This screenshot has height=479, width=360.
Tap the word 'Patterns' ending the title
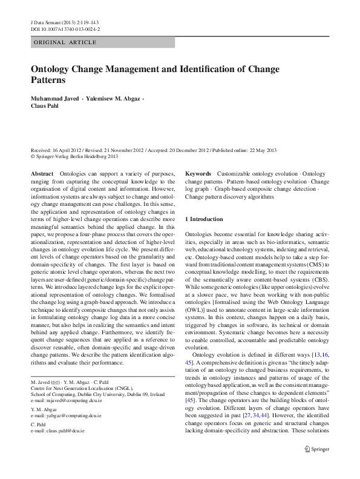48,79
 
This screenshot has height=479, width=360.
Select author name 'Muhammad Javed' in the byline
53,98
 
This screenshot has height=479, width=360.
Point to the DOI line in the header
65,28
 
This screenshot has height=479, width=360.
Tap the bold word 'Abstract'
42,174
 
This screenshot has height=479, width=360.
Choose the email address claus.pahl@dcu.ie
58,431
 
